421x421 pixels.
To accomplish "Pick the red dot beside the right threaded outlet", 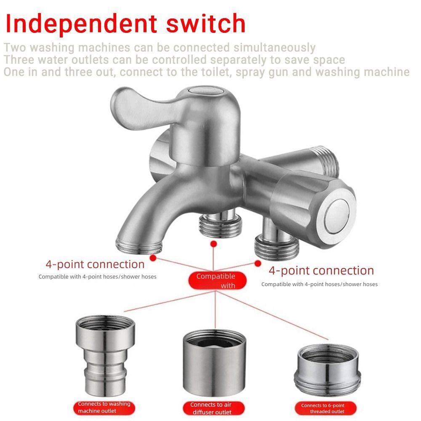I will [x=258, y=263].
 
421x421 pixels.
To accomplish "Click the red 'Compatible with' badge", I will [x=216, y=281].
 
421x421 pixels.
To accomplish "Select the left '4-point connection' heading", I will [x=95, y=264].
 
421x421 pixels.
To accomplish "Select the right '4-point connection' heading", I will [x=321, y=270].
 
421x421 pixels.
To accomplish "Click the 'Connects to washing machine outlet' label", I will [x=104, y=407].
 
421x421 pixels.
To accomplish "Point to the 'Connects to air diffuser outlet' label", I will [x=211, y=408].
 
